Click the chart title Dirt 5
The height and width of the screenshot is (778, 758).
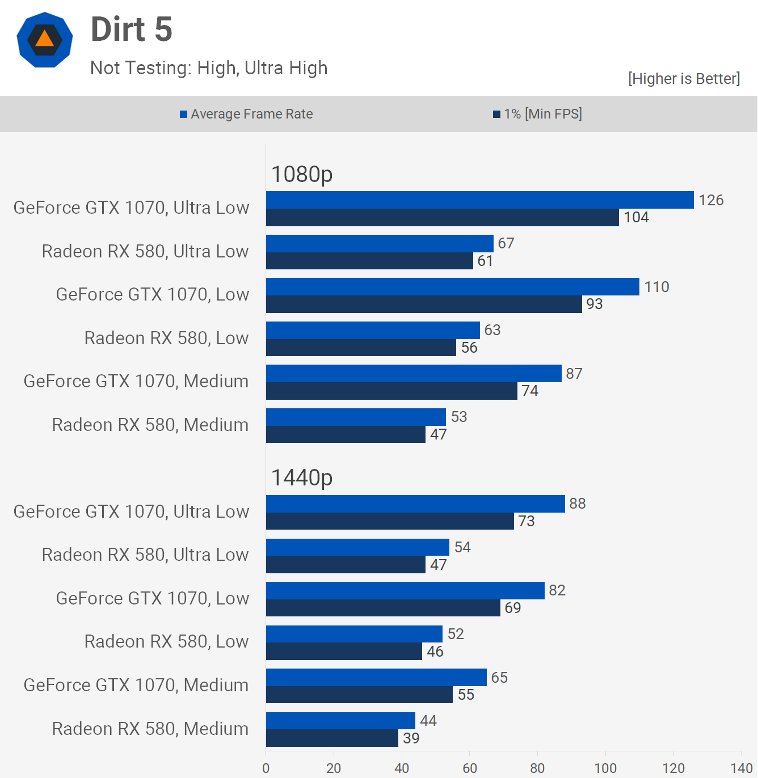point(131,29)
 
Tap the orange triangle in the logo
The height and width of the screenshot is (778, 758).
point(44,39)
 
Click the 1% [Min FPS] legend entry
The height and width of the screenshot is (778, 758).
point(537,114)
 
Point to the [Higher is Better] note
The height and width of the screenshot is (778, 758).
point(684,78)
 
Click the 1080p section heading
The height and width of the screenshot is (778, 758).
point(302,174)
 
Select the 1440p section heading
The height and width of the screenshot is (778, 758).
point(302,477)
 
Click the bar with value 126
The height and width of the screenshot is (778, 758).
point(479,200)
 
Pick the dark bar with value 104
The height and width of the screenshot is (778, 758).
point(442,218)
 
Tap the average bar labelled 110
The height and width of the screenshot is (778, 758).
point(452,287)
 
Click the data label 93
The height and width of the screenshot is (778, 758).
point(595,304)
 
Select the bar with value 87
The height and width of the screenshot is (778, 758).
point(414,374)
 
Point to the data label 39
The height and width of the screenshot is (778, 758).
point(411,738)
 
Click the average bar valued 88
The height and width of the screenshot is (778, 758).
point(415,504)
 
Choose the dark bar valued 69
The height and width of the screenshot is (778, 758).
point(383,608)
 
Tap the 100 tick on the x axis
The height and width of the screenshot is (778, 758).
point(605,768)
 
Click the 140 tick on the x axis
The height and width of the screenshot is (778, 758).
point(741,768)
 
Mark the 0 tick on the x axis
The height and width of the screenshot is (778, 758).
point(266,768)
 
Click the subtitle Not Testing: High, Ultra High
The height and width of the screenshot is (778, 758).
point(209,68)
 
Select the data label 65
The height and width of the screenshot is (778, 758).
point(499,678)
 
